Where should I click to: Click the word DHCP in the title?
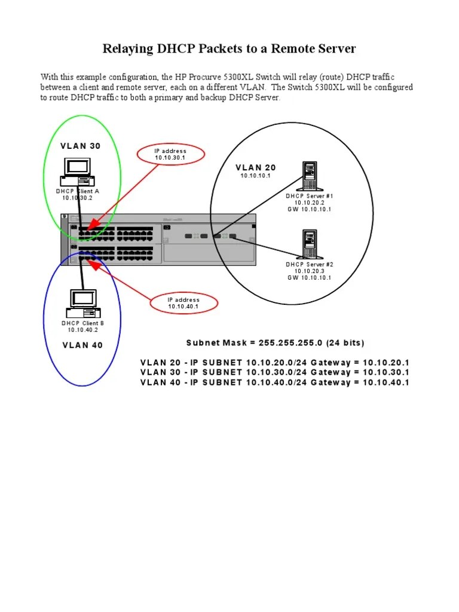174,48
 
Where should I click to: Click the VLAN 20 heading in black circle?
256,168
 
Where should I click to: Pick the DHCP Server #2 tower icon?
308,244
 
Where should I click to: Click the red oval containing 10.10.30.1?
170,154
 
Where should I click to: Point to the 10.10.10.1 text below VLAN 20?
256,176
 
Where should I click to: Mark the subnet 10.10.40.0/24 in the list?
276,382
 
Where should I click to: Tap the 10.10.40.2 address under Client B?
82,329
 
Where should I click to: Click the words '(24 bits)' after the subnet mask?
345,343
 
